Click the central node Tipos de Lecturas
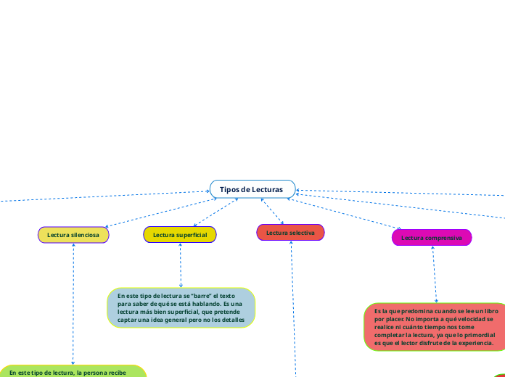coord(252,189)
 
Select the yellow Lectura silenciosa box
coord(73,235)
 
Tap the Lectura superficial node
coord(180,235)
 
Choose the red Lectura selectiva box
coord(290,233)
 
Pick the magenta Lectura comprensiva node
coord(432,238)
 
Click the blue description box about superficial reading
coord(181,307)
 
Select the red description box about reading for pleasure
coord(435,327)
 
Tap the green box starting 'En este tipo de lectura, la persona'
coord(73,371)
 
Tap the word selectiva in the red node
coord(302,233)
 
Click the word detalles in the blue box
coord(232,319)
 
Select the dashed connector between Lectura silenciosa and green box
coord(73,304)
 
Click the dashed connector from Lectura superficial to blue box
coord(180,265)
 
